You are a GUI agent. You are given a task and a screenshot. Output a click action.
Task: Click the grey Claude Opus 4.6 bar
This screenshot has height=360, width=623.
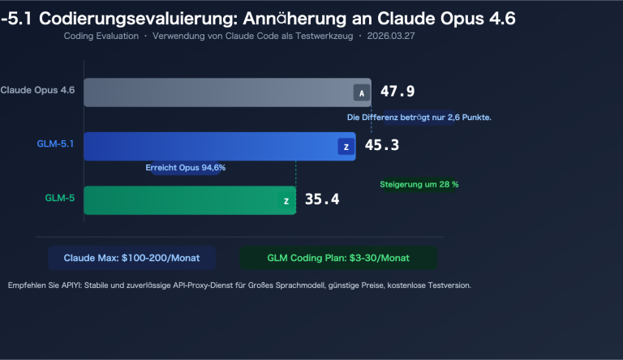tap(219, 92)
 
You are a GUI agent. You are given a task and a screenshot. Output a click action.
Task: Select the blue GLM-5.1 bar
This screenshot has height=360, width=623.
tap(211, 146)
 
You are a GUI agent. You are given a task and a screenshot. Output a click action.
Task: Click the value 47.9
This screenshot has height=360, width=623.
tap(397, 92)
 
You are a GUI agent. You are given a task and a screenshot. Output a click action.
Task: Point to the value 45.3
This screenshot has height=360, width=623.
tap(381, 146)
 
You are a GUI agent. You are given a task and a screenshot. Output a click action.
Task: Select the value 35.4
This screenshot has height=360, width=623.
tap(322, 200)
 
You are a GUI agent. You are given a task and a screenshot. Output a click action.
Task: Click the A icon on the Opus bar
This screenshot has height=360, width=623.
tap(361, 93)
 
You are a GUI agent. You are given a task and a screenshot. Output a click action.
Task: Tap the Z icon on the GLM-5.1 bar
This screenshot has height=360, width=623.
tap(346, 147)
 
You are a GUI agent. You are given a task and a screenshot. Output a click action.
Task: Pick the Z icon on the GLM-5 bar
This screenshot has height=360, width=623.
tap(286, 200)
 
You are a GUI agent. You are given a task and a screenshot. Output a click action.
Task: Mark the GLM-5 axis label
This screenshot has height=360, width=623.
tap(60, 197)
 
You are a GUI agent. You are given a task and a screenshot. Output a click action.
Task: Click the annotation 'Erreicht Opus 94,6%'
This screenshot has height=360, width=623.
tap(185, 168)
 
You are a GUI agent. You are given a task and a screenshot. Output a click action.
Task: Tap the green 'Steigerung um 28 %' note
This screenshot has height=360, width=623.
tap(419, 184)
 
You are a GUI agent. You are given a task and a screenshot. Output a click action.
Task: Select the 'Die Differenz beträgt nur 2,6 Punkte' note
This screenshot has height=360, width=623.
tap(419, 118)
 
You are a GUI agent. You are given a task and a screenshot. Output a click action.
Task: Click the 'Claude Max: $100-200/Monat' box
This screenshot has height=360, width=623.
tap(131, 258)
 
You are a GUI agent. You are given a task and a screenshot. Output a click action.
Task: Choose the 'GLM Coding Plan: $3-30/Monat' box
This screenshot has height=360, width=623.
tap(338, 258)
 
